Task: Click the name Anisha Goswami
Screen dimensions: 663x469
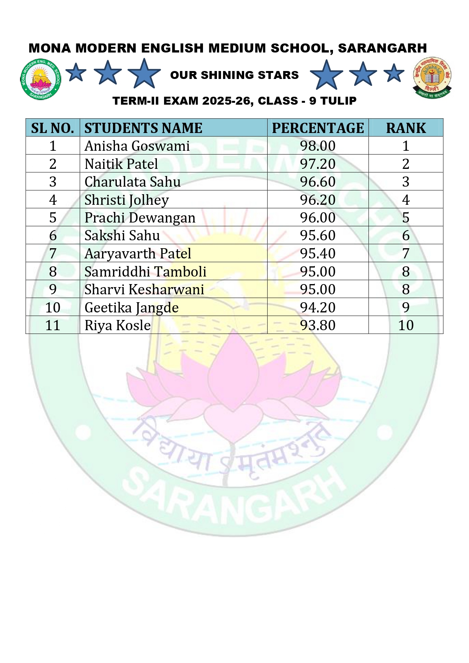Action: pyautogui.click(x=137, y=146)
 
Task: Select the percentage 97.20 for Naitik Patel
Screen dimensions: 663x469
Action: pyautogui.click(x=317, y=164)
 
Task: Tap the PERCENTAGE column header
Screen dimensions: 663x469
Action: pyautogui.click(x=317, y=128)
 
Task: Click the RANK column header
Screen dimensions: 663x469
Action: pyautogui.click(x=406, y=128)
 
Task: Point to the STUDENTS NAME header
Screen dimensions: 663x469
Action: pyautogui.click(x=143, y=128)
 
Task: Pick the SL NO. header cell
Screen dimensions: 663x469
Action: pyautogui.click(x=53, y=128)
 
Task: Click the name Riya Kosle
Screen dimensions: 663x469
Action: pyautogui.click(x=118, y=325)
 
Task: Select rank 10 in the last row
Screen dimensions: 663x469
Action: pyautogui.click(x=406, y=325)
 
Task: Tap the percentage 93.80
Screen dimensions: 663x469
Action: pyautogui.click(x=317, y=325)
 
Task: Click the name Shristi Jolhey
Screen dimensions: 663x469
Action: pyautogui.click(x=127, y=200)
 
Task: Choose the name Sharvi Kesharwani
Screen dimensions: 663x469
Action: pyautogui.click(x=144, y=289)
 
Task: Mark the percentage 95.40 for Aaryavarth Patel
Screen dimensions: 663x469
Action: pyautogui.click(x=317, y=253)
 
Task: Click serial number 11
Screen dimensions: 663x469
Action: pyautogui.click(x=53, y=325)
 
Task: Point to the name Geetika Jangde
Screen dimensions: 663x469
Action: pyautogui.click(x=132, y=308)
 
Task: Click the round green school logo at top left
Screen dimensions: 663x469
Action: pyautogui.click(x=40, y=79)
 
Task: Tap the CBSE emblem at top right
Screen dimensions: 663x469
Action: pyautogui.click(x=432, y=77)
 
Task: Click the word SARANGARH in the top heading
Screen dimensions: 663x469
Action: pyautogui.click(x=382, y=48)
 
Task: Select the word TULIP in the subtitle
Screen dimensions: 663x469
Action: pyautogui.click(x=338, y=101)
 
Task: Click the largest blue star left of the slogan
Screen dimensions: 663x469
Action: pyautogui.click(x=144, y=74)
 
